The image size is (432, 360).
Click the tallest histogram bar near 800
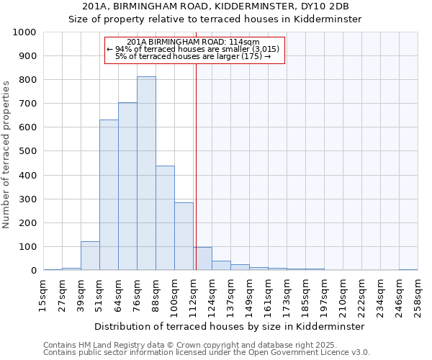point(146,174)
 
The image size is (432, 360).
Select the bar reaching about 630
point(109,195)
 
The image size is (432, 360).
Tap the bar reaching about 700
point(127,186)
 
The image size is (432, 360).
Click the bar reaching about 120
point(90,256)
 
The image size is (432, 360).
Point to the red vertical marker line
point(196,166)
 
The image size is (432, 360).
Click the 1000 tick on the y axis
point(24,32)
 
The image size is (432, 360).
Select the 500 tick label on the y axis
point(27,152)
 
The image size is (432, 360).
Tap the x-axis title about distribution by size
point(229,326)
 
